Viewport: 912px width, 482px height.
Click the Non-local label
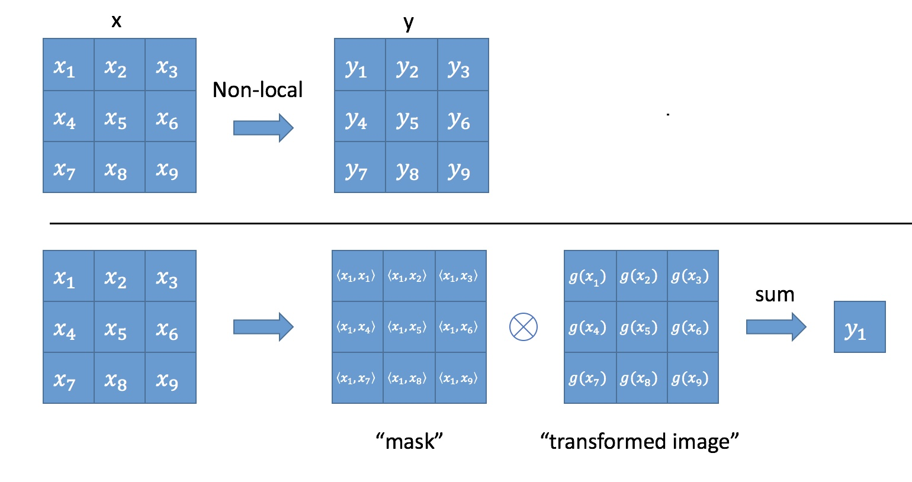257,89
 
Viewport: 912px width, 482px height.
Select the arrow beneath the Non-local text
264,128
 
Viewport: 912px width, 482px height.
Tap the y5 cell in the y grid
411,116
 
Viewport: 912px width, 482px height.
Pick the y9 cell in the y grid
463,168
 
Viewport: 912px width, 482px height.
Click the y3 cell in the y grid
463,65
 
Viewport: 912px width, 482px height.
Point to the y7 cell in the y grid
360,168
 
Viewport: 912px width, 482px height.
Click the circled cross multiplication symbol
523,327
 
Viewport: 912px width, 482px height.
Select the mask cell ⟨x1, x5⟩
409,327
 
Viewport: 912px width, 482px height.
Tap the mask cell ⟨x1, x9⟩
461,378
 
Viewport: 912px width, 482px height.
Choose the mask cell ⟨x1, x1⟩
358,276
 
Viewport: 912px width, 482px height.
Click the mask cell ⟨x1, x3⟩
461,276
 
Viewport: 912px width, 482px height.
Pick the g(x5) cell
642,327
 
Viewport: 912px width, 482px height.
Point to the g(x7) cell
590,378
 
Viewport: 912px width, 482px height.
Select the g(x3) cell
693,276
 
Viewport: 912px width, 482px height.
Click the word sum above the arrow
775,295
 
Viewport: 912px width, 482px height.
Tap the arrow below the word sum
776,327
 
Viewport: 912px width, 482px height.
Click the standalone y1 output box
859,327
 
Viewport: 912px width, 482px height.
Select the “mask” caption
409,441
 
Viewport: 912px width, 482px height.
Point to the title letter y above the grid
409,23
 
